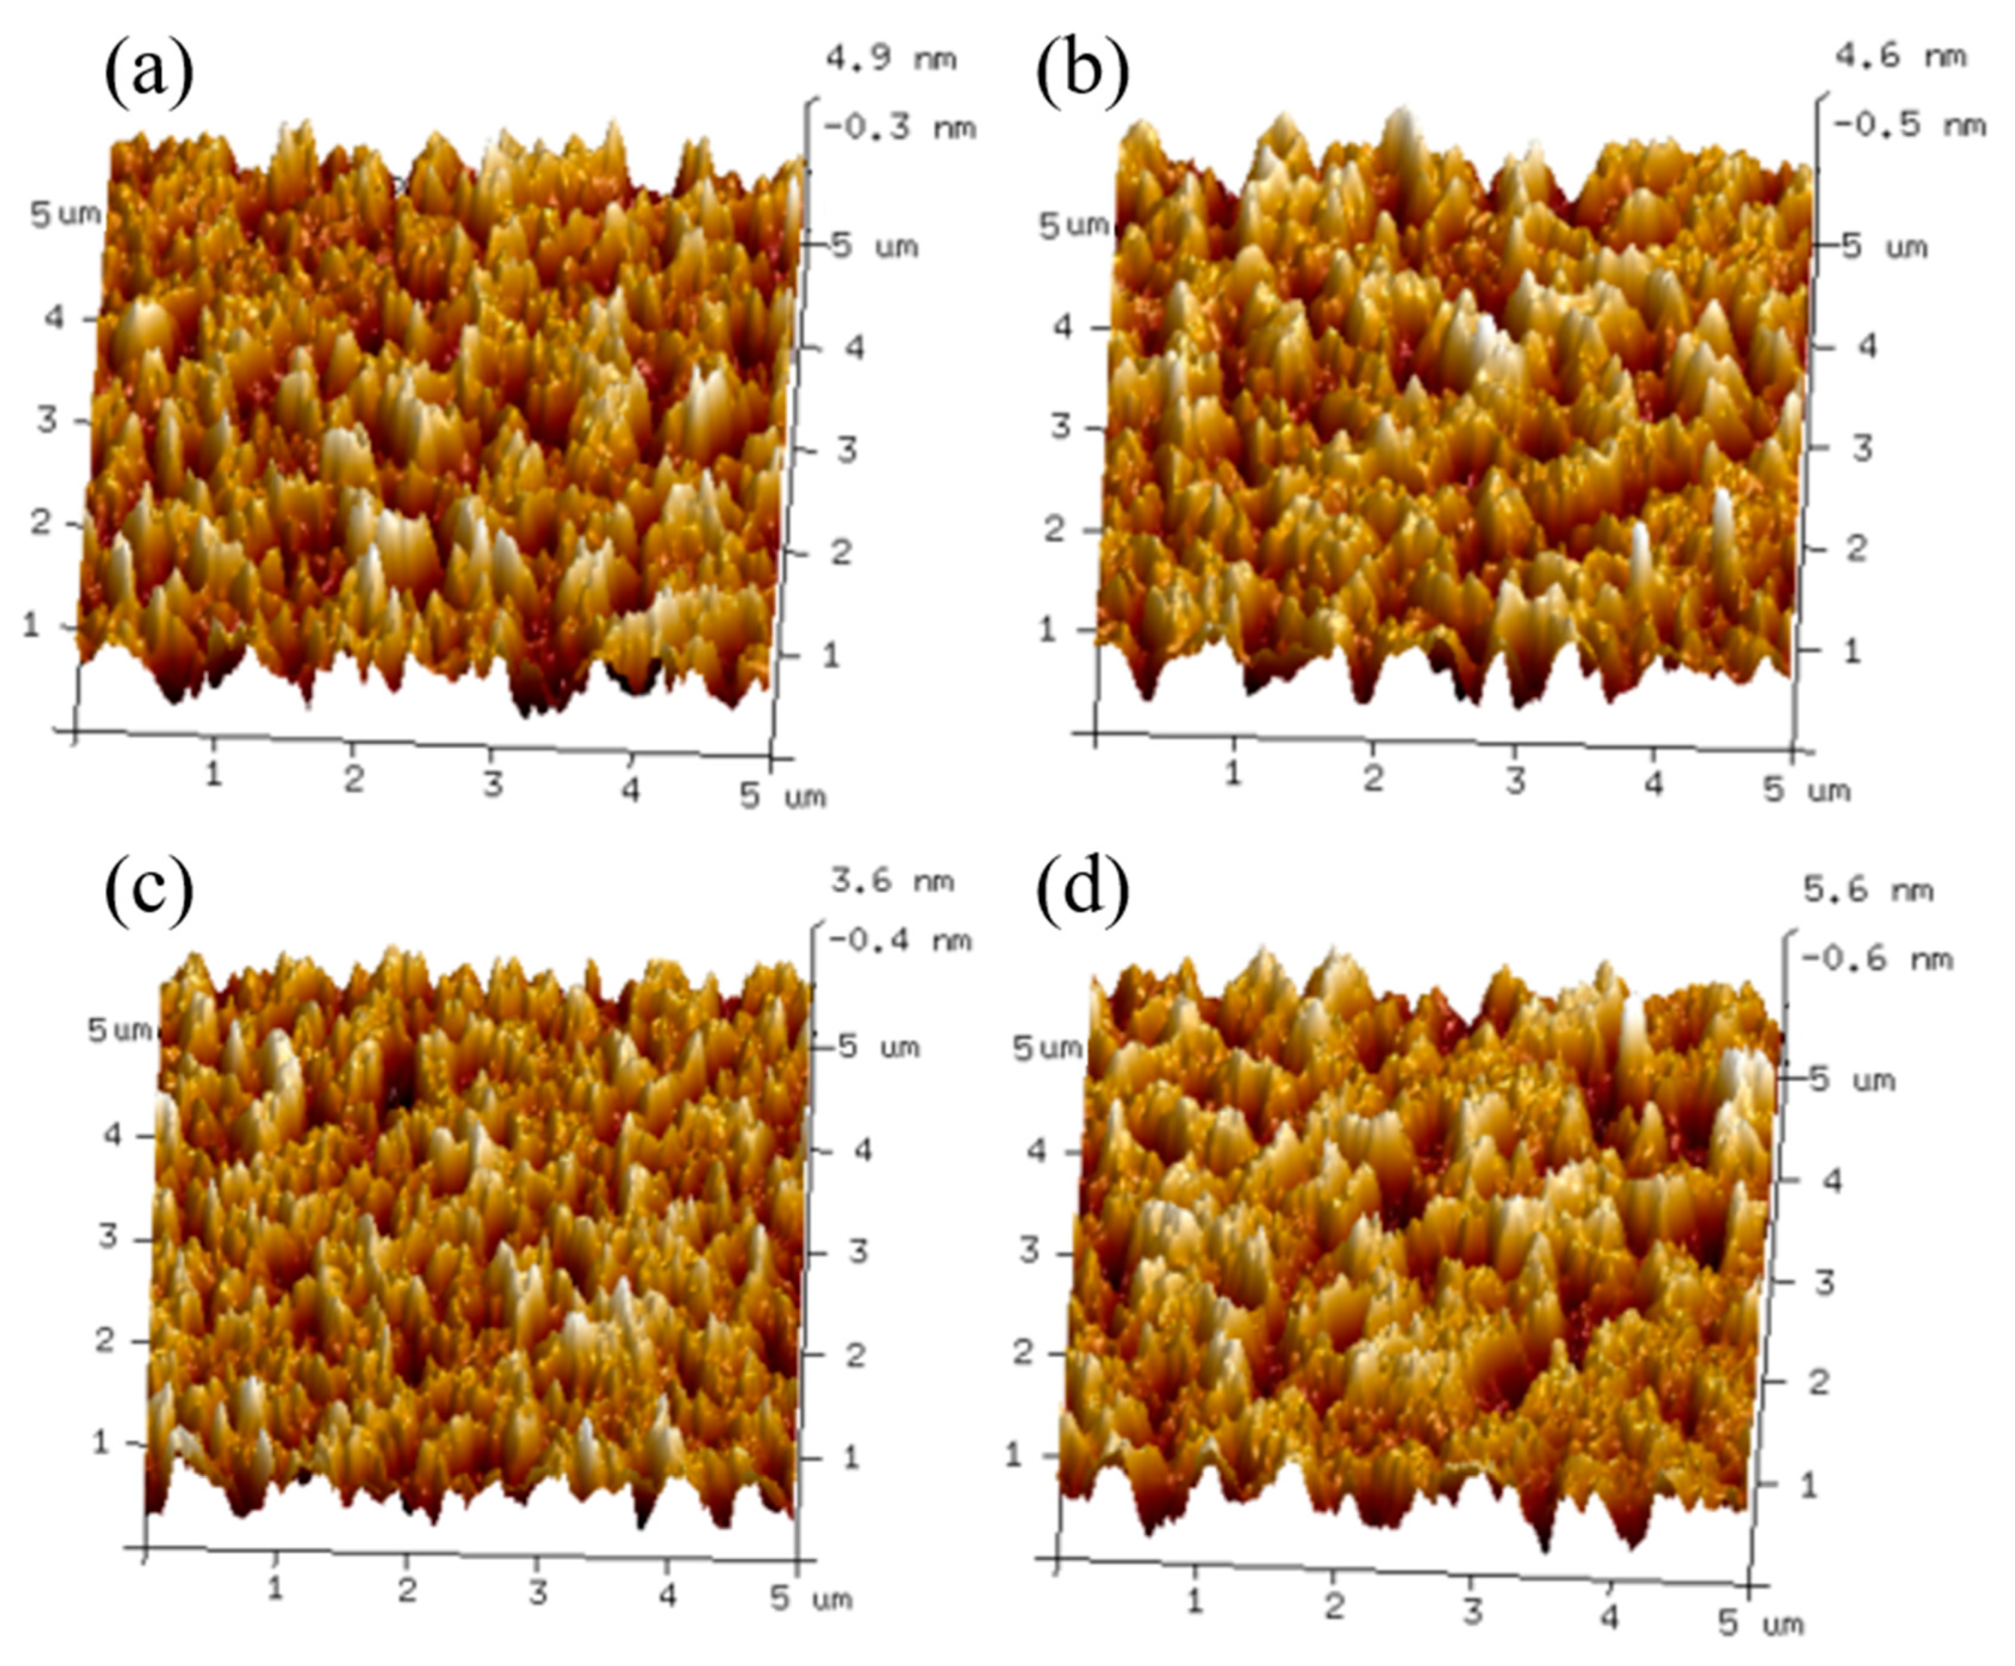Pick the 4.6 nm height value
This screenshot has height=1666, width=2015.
1900,56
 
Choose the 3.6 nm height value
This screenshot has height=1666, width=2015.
892,880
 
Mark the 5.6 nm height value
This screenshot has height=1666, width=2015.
1868,890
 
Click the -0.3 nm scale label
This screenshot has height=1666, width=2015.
900,128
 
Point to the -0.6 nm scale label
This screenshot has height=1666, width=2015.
1877,958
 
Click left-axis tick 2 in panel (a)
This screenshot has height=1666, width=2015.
40,522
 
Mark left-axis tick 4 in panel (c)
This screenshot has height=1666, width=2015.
113,1135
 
